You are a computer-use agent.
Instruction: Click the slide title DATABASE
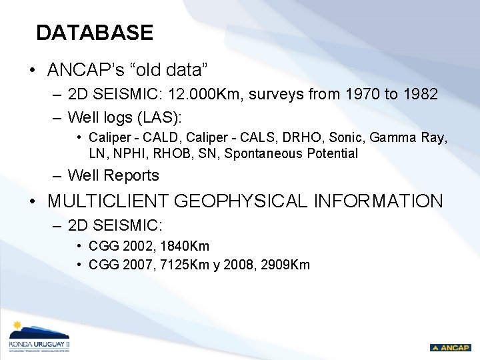coord(95,33)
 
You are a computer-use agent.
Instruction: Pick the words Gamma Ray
coord(408,138)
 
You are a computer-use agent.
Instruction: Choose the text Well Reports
coord(113,176)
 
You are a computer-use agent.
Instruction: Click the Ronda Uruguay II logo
coord(39,337)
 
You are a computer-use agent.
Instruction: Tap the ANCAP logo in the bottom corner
coord(450,347)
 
